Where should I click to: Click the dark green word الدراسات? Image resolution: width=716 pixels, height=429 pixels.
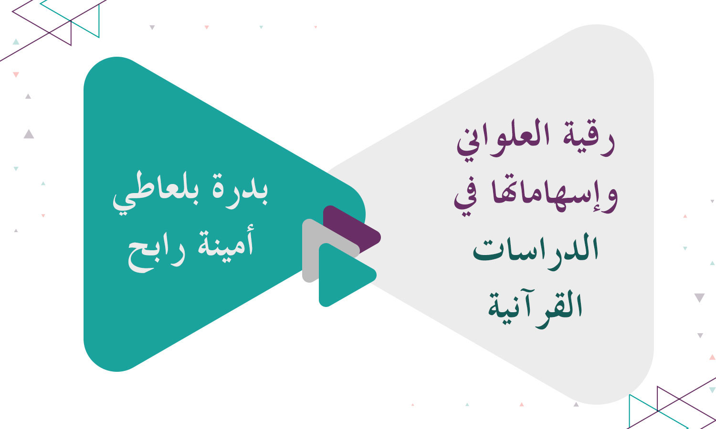point(536,250)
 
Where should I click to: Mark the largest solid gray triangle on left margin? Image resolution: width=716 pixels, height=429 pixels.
point(29,134)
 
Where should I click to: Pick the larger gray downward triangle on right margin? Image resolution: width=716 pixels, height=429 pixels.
point(699,297)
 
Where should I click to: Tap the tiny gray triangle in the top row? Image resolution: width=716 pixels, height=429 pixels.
point(152,28)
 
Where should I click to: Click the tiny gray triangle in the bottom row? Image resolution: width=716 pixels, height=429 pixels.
point(576,405)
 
